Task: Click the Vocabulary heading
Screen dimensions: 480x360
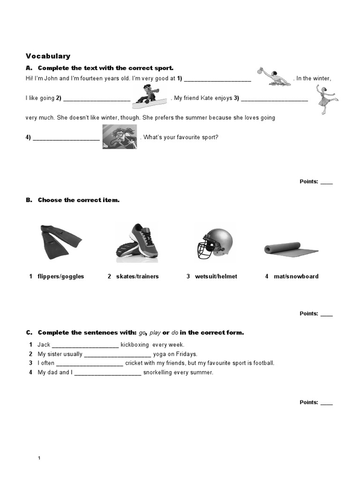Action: tap(48, 56)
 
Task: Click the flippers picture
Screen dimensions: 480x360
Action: tap(60, 242)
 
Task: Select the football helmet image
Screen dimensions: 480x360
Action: tap(214, 243)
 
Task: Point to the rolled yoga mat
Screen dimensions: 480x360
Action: tap(291, 250)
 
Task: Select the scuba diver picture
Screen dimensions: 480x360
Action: tap(120, 137)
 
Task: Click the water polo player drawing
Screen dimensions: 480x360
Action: tap(273, 76)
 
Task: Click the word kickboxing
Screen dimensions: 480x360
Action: tap(136, 345)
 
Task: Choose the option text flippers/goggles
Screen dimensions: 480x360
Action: tap(61, 277)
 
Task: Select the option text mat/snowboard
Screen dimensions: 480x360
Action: tap(296, 277)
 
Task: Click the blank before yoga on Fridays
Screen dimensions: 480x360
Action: tap(118, 355)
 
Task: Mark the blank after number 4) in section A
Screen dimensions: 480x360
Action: tap(67, 138)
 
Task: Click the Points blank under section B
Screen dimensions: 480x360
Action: tap(326, 315)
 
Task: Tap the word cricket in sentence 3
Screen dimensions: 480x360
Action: tap(134, 363)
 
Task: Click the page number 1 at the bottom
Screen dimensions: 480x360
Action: tap(39, 458)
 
